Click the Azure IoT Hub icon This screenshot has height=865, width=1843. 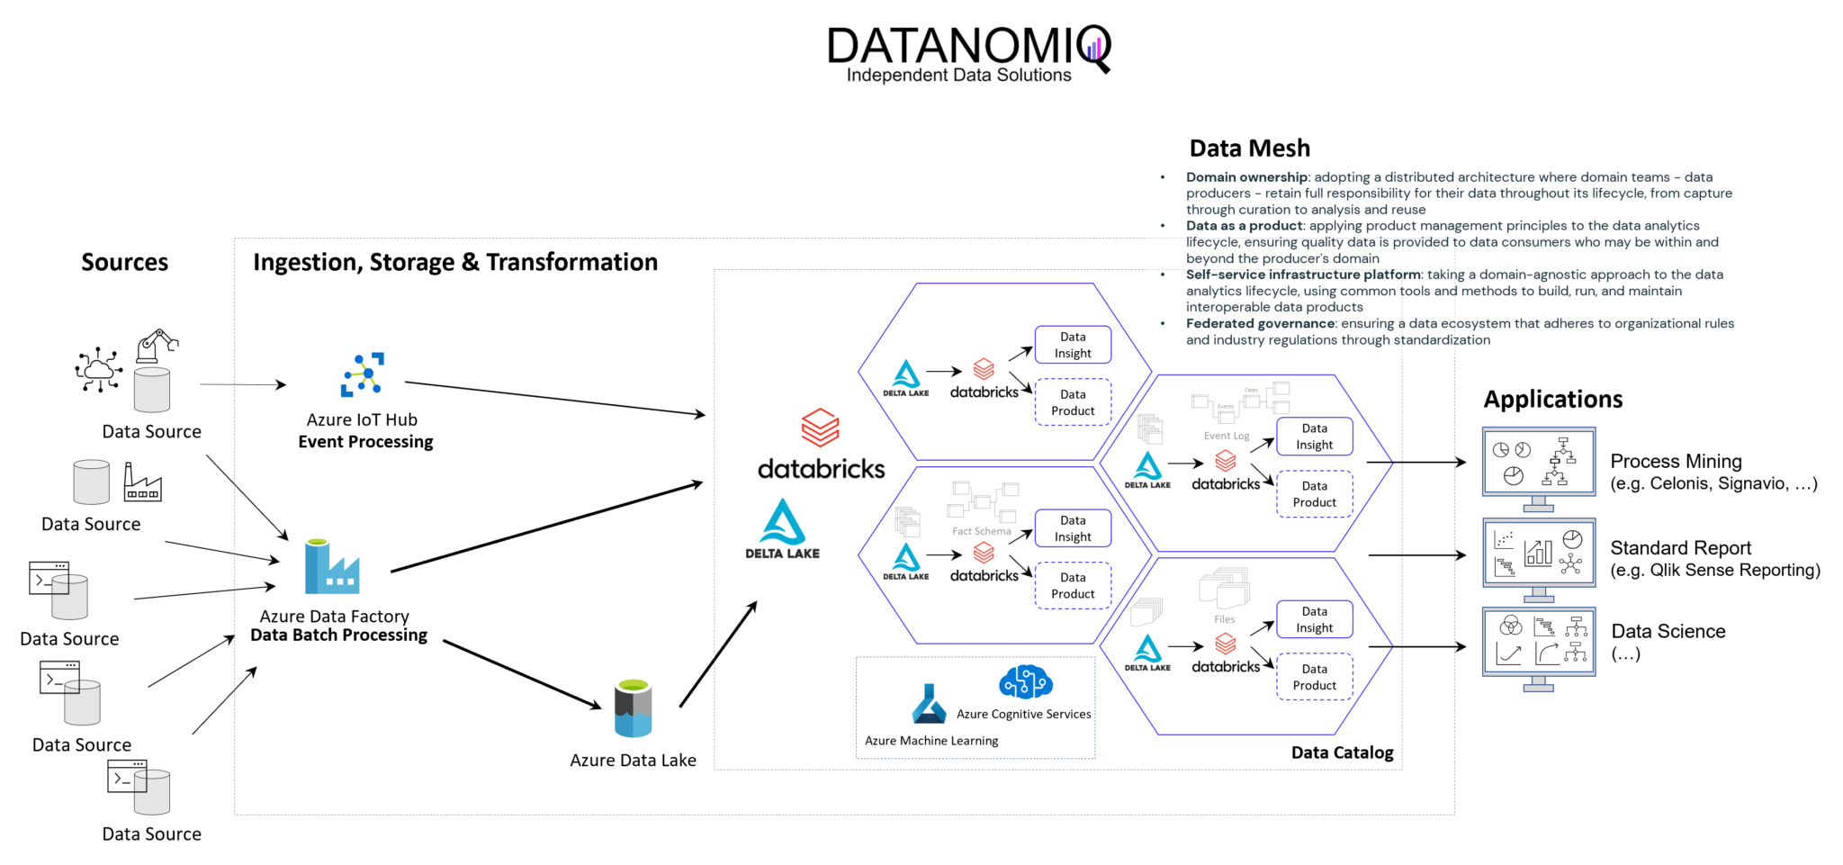(363, 374)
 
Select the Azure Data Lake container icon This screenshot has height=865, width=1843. (633, 709)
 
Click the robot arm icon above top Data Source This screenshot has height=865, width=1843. (157, 346)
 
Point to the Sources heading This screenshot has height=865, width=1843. (124, 262)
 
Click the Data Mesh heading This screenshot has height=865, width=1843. (1249, 149)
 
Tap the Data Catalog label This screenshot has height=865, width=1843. (1342, 752)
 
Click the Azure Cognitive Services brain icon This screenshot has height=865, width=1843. (1025, 682)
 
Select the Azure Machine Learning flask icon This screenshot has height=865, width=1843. (929, 705)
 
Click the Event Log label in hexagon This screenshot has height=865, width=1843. (1227, 436)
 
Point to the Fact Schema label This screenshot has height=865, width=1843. (981, 531)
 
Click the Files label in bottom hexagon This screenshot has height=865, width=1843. (1224, 619)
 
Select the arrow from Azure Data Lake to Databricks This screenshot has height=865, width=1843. (718, 654)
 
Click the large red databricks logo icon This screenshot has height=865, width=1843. (820, 428)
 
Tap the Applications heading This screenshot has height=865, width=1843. (1552, 400)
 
